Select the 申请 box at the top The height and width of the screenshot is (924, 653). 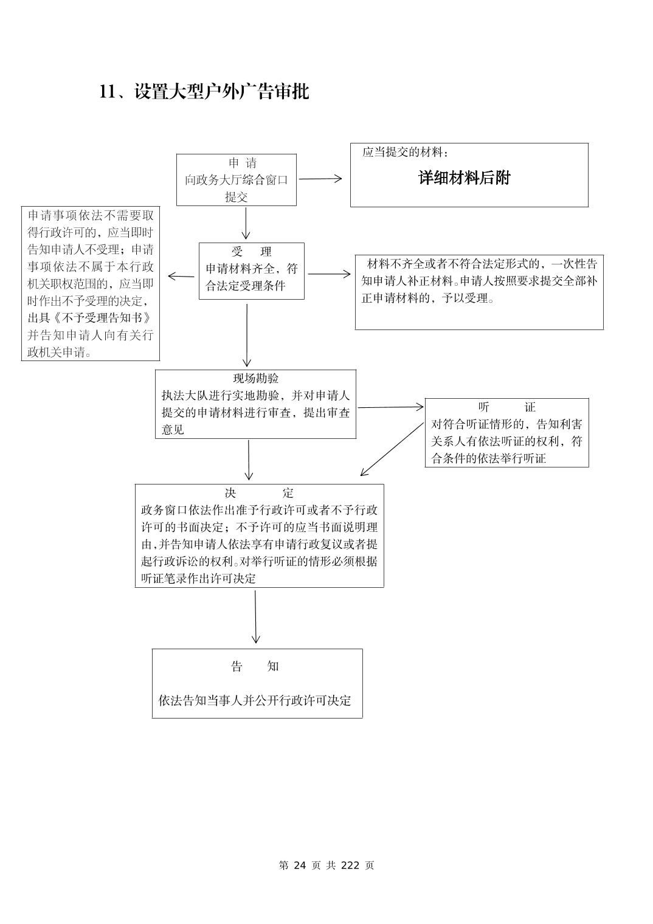(x=237, y=179)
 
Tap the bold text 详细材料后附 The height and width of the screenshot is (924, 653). (x=464, y=178)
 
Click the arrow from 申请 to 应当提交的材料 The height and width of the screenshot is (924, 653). (x=320, y=179)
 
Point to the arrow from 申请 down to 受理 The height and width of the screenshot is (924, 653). (x=246, y=224)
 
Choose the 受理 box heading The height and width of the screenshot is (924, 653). (x=251, y=252)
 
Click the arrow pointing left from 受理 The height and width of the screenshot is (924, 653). (x=181, y=276)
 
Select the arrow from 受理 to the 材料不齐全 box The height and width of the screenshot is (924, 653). (x=329, y=274)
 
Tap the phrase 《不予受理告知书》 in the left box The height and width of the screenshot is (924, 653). (x=89, y=318)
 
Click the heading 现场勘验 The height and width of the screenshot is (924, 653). (x=255, y=378)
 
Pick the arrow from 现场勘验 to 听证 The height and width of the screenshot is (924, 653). (x=389, y=407)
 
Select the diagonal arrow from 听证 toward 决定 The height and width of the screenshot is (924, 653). (x=392, y=449)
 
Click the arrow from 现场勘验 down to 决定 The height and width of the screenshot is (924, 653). (x=249, y=460)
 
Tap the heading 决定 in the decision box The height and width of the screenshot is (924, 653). (x=259, y=493)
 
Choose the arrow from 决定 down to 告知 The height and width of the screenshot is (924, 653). (x=255, y=616)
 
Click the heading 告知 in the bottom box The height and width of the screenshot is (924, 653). (x=255, y=666)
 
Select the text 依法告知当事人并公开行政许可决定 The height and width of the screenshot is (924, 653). (x=255, y=700)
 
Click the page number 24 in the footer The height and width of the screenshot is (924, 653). (x=300, y=866)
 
